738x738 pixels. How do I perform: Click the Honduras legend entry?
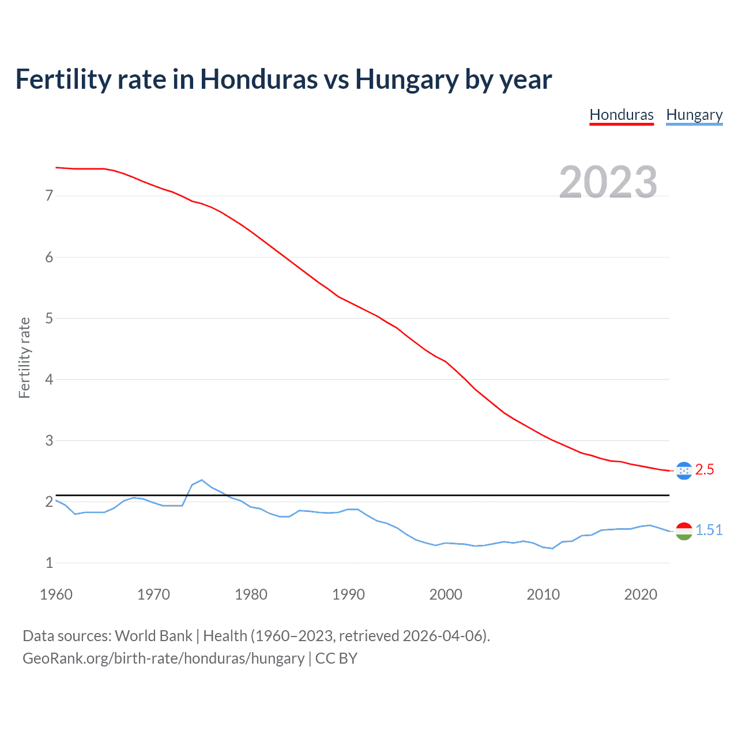(622, 115)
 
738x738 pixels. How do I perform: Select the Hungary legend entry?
(694, 115)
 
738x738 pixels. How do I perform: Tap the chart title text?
(283, 79)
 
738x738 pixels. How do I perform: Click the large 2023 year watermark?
(608, 182)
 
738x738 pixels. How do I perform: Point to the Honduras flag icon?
(684, 470)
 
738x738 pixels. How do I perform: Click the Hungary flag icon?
(684, 531)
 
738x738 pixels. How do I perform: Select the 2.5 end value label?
(705, 470)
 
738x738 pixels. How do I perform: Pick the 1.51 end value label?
(709, 530)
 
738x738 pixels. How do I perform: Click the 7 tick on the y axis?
(49, 196)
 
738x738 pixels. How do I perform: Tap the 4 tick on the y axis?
(49, 379)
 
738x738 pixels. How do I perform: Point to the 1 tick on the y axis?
(49, 563)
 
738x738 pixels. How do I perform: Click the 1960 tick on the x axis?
(56, 594)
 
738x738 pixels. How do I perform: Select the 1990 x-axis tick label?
(348, 594)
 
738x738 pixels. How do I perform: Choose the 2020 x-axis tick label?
(641, 594)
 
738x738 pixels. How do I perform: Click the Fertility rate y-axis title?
(24, 357)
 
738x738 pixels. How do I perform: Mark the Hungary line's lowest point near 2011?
(552, 548)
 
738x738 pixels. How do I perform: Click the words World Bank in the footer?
(153, 636)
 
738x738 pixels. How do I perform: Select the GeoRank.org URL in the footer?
(163, 658)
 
